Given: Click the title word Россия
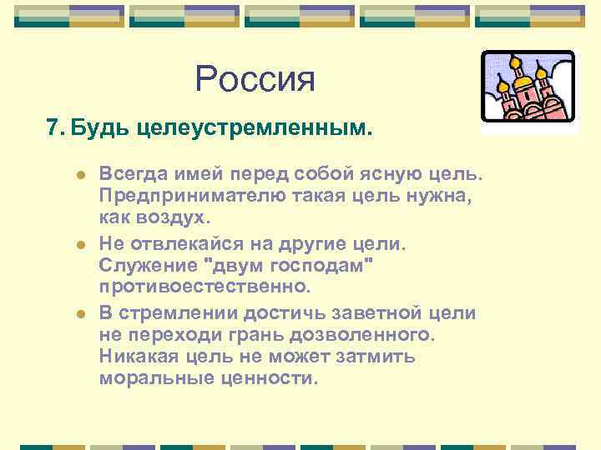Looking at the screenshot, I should pos(255,80).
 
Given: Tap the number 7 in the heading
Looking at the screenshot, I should pos(53,128).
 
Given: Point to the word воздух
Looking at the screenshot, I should pos(173,218).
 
